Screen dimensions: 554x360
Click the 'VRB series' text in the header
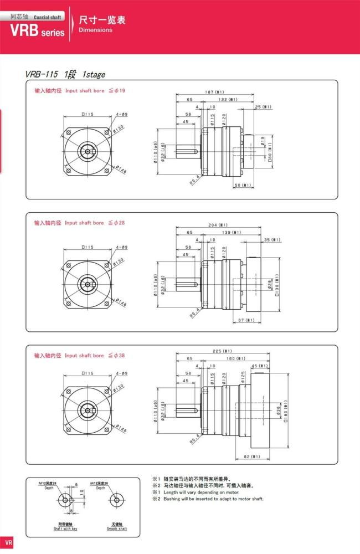click(37, 32)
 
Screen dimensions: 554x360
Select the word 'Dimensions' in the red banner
click(95, 30)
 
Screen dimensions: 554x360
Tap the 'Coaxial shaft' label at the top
click(47, 17)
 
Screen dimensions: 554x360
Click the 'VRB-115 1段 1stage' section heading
click(65, 74)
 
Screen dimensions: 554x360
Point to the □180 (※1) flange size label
click(286, 411)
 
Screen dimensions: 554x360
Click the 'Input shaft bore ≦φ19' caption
click(80, 90)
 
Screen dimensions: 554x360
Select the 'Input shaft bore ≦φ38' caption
click(80, 356)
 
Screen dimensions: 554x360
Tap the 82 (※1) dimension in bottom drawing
click(252, 457)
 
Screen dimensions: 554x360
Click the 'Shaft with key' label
click(65, 529)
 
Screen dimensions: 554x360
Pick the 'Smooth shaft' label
click(117, 529)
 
